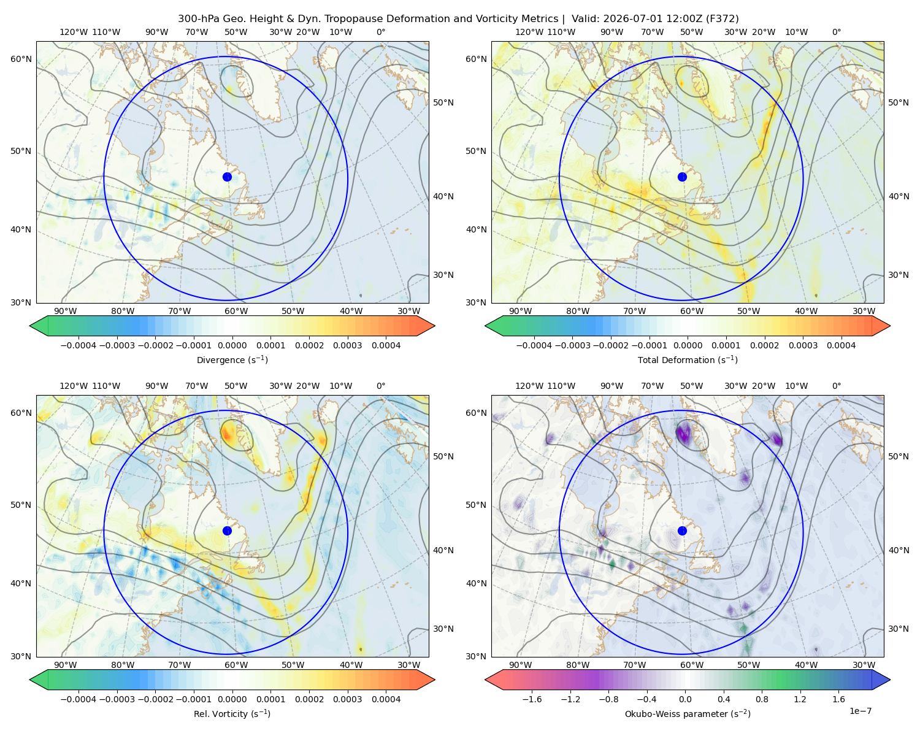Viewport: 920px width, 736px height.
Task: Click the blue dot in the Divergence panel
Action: pos(227,177)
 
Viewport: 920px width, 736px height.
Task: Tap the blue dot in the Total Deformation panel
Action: pos(682,177)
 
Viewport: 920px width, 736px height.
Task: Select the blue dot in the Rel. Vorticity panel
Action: pos(227,531)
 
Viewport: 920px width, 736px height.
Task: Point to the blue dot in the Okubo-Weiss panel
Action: pos(682,531)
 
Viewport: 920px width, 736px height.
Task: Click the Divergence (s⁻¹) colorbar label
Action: pos(232,359)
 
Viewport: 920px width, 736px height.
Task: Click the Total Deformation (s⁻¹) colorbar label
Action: pos(688,359)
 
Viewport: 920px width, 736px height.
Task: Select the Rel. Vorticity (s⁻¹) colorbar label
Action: pos(232,713)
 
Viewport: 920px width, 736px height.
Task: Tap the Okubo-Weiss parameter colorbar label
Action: pos(688,713)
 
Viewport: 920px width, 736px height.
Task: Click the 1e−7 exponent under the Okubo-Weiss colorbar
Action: pos(860,711)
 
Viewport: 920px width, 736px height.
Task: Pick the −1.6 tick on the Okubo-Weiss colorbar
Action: pos(532,699)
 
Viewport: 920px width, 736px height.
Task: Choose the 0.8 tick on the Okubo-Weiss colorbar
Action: pos(762,699)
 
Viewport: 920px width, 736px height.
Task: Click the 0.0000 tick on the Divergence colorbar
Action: pos(232,345)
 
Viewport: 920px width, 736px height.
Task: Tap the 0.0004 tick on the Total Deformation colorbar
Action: pos(841,345)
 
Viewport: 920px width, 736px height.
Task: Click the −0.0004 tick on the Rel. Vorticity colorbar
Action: pos(79,699)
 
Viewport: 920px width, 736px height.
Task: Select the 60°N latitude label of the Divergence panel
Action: pos(21,59)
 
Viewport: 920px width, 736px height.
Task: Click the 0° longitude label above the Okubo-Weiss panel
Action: pos(836,386)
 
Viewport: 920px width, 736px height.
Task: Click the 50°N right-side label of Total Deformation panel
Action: pos(899,102)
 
